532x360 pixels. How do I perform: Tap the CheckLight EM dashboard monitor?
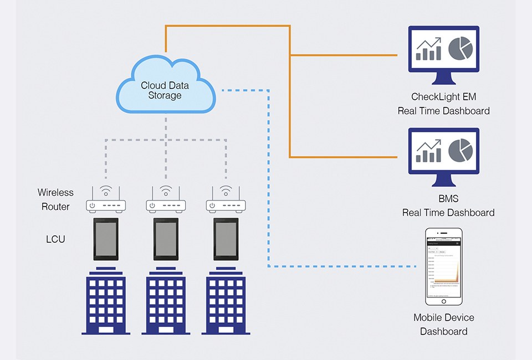[x=443, y=50]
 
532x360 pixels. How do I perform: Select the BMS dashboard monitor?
[x=443, y=152]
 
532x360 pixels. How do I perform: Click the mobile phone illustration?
[x=444, y=266]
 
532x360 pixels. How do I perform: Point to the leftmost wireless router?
[x=105, y=204]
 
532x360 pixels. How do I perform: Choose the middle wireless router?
[x=166, y=204]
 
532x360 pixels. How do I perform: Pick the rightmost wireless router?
[x=226, y=204]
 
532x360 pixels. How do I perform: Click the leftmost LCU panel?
[x=105, y=239]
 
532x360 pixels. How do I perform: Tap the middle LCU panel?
[x=166, y=239]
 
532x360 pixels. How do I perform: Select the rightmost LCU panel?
[x=226, y=239]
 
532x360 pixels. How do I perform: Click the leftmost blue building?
[x=105, y=302]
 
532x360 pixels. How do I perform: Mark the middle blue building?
[x=166, y=302]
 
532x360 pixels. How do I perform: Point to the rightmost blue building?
[x=226, y=302]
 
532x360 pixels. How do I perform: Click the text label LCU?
[x=55, y=239]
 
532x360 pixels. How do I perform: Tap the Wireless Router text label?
[x=55, y=199]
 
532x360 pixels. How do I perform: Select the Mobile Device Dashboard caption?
[x=444, y=325]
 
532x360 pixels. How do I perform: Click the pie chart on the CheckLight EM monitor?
[x=460, y=49]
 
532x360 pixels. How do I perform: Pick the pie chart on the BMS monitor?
[x=460, y=151]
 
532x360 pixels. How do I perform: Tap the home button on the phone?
[x=444, y=300]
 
